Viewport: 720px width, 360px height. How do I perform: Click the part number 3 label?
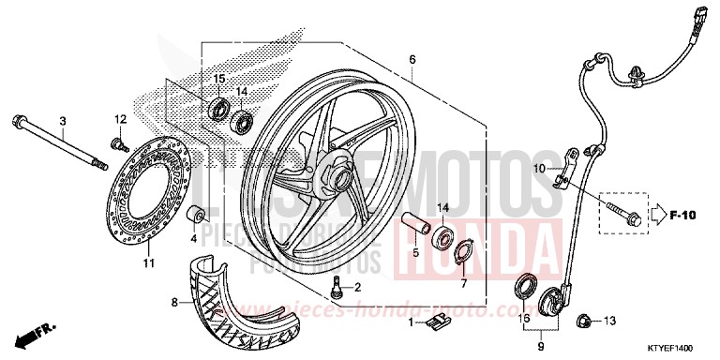(x=63, y=121)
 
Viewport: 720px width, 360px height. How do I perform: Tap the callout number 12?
(x=120, y=119)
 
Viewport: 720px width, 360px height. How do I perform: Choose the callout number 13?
(x=609, y=321)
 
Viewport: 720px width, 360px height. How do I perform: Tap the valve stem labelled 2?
(x=337, y=287)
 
